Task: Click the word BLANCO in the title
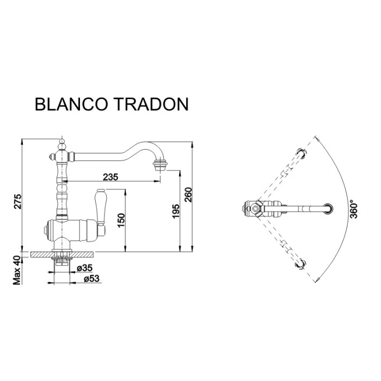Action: pos(70,104)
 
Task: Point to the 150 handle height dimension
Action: pos(122,219)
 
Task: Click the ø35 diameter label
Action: pos(83,268)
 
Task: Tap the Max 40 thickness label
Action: pos(17,269)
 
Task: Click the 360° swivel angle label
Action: pos(353,210)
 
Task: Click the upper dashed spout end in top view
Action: pos(299,153)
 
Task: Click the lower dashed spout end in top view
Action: pos(299,264)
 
